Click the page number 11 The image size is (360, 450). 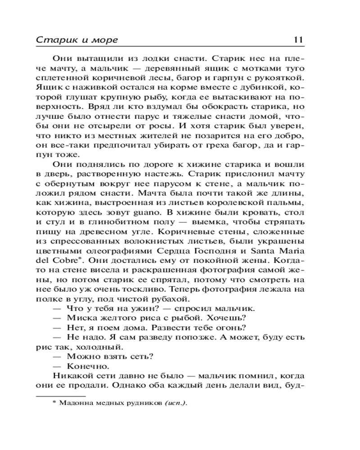(x=298, y=40)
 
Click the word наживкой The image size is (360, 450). (x=94, y=88)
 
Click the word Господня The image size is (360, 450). (x=212, y=251)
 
